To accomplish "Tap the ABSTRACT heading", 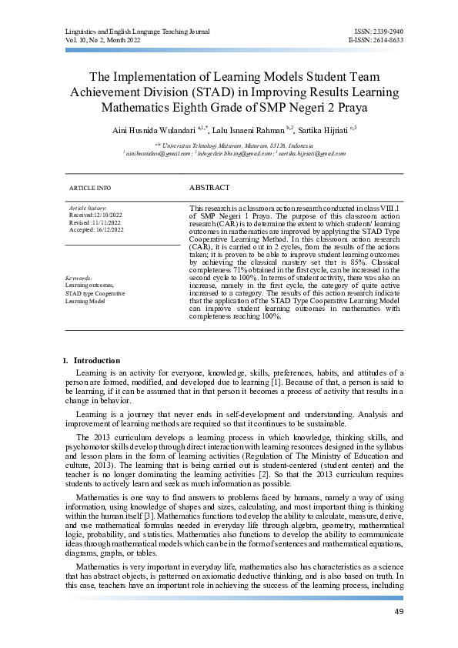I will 209,187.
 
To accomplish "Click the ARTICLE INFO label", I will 90,188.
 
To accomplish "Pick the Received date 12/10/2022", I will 92,215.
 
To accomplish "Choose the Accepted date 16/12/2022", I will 92,229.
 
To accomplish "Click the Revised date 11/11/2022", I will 91,222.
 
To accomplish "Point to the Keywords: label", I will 79,278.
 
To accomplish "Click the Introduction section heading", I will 96,360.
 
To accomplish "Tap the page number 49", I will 398,611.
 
